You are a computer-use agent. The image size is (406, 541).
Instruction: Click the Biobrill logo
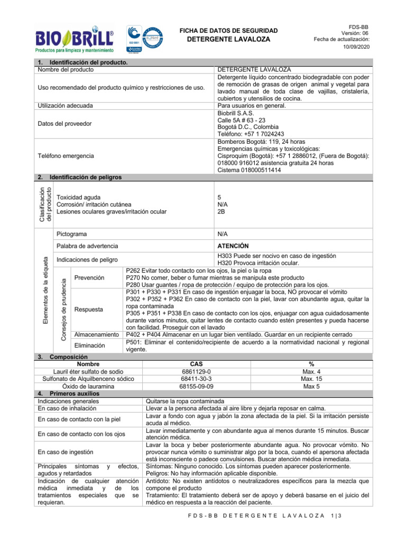[x=74, y=40]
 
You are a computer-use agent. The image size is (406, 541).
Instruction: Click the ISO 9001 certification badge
[x=135, y=40]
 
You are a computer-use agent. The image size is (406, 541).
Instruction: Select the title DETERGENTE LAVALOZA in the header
[x=228, y=40]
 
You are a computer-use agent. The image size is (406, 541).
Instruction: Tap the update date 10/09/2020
[x=358, y=48]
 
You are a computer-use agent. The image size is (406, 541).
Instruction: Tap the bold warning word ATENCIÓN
[x=235, y=246]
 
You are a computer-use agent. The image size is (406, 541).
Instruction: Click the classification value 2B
[x=222, y=212]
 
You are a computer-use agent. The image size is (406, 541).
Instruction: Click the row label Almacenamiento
[x=96, y=334]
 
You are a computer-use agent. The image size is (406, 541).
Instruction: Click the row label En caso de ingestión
[x=66, y=452]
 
